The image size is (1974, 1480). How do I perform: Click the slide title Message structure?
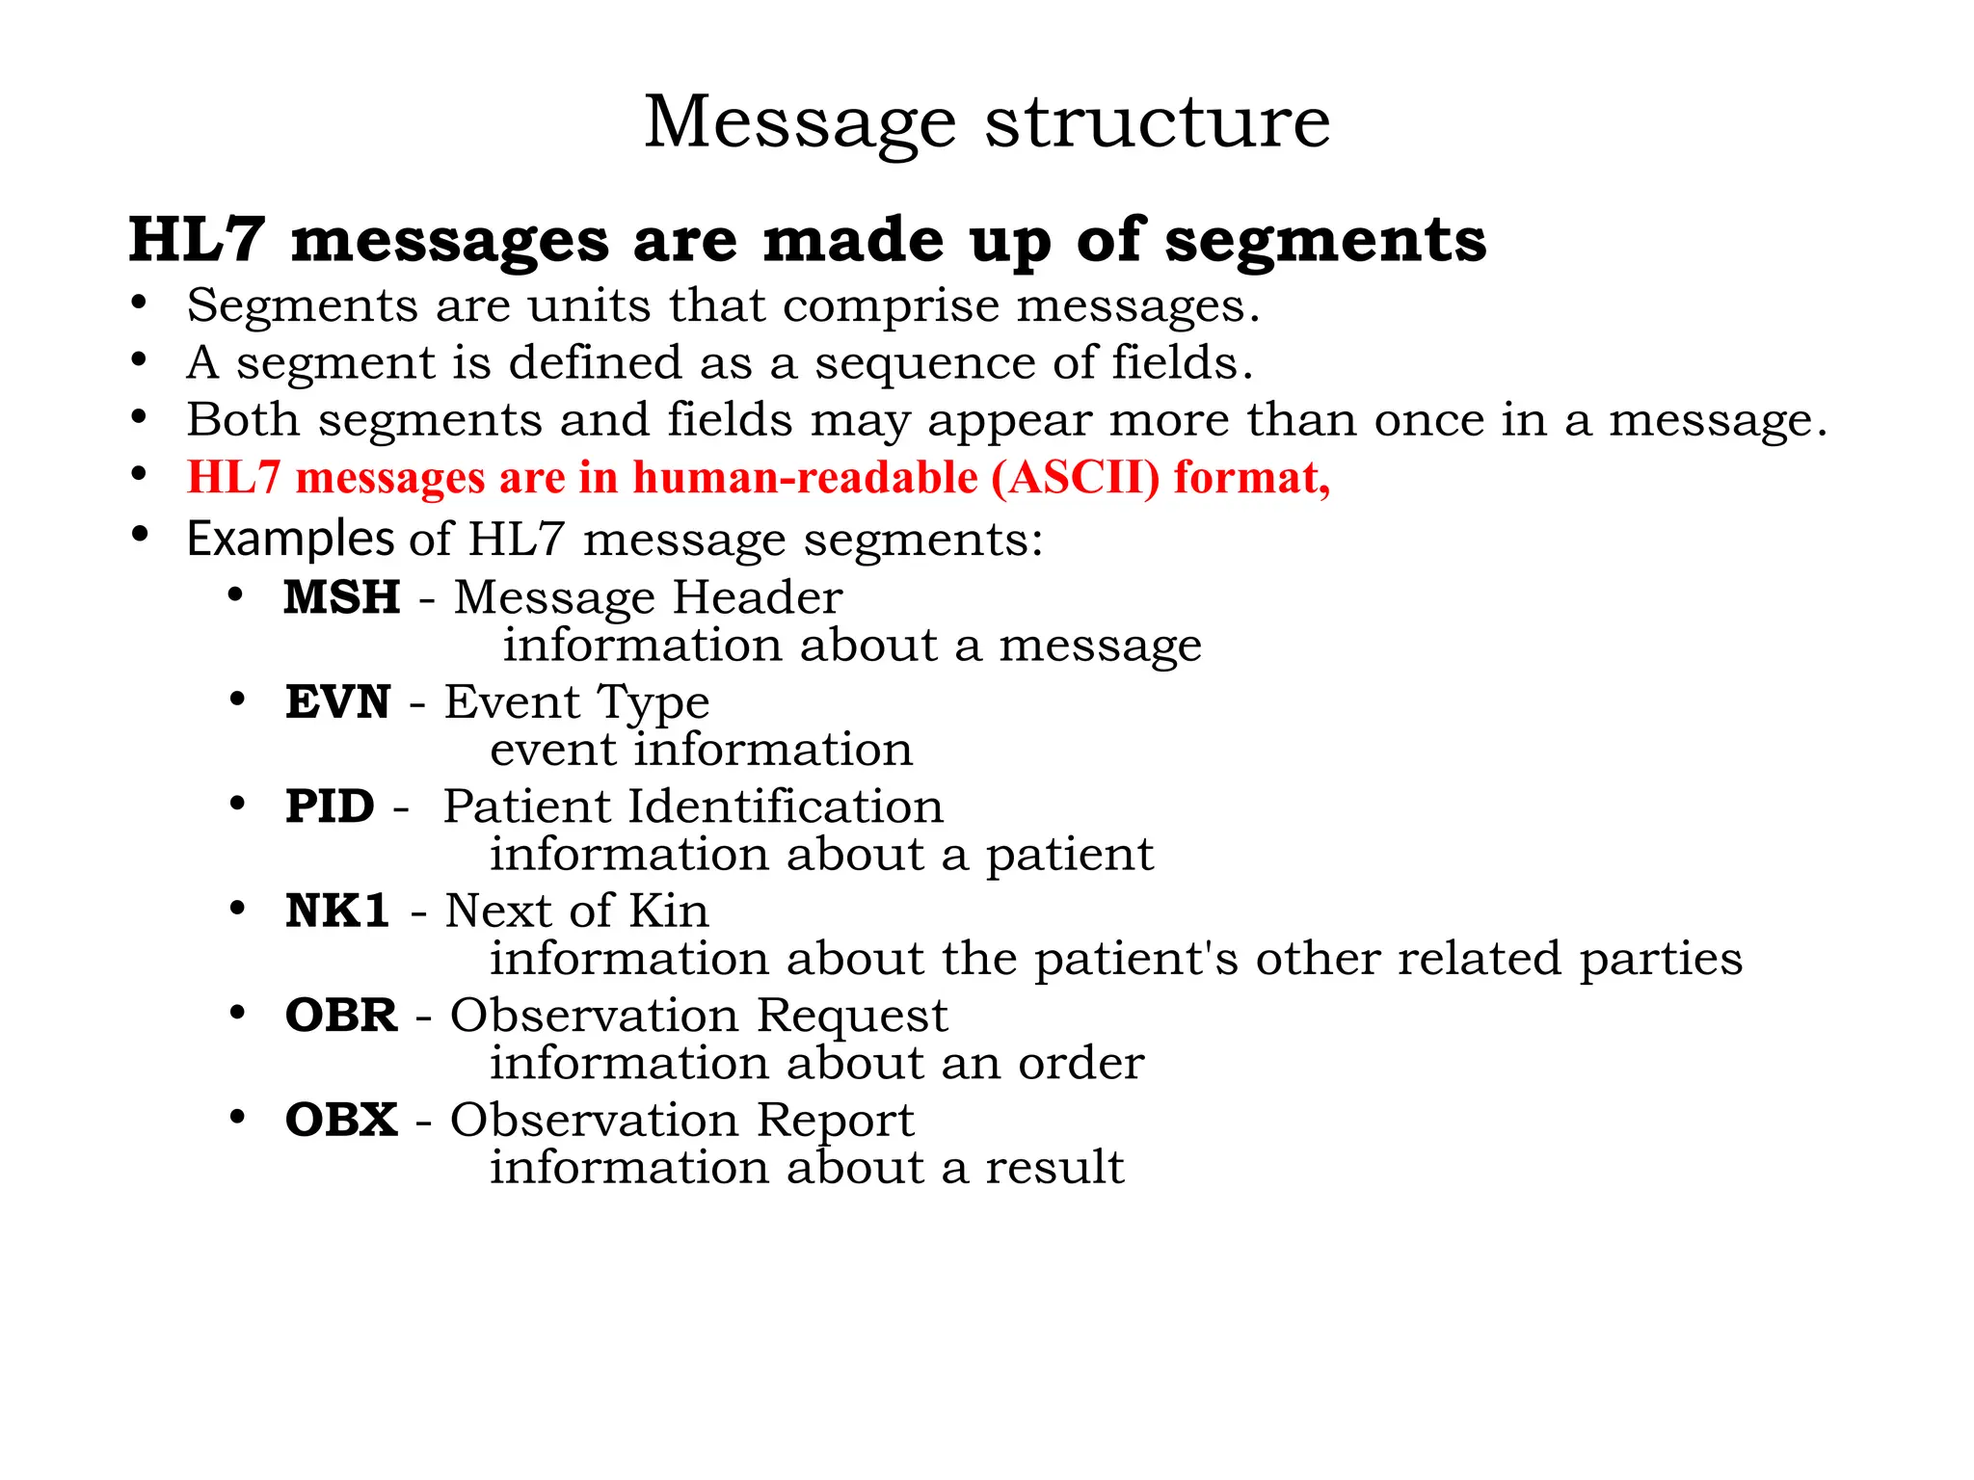click(987, 122)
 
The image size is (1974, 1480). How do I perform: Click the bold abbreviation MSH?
click(342, 597)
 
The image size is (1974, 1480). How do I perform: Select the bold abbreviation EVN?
click(337, 701)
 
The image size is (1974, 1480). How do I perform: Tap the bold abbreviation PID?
click(330, 806)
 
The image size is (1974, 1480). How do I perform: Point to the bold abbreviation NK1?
click(337, 912)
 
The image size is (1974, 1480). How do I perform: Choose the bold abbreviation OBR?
click(341, 1016)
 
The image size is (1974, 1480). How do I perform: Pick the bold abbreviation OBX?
click(341, 1120)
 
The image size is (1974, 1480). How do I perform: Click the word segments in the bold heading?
click(1325, 240)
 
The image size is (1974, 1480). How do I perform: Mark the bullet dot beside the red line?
click(140, 475)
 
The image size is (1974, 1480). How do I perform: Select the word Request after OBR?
click(852, 1016)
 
